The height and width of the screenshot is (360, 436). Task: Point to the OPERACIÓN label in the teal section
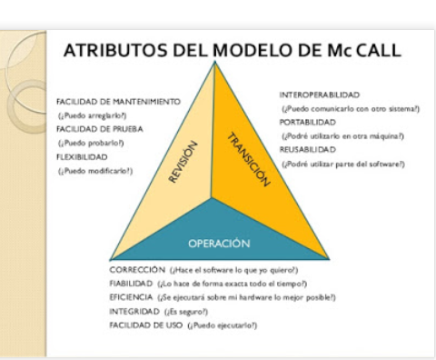point(218,243)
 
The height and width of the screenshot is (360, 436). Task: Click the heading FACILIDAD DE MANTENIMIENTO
point(118,101)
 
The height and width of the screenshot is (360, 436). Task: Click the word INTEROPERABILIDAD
point(320,94)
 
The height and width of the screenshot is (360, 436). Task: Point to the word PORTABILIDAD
point(308,121)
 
